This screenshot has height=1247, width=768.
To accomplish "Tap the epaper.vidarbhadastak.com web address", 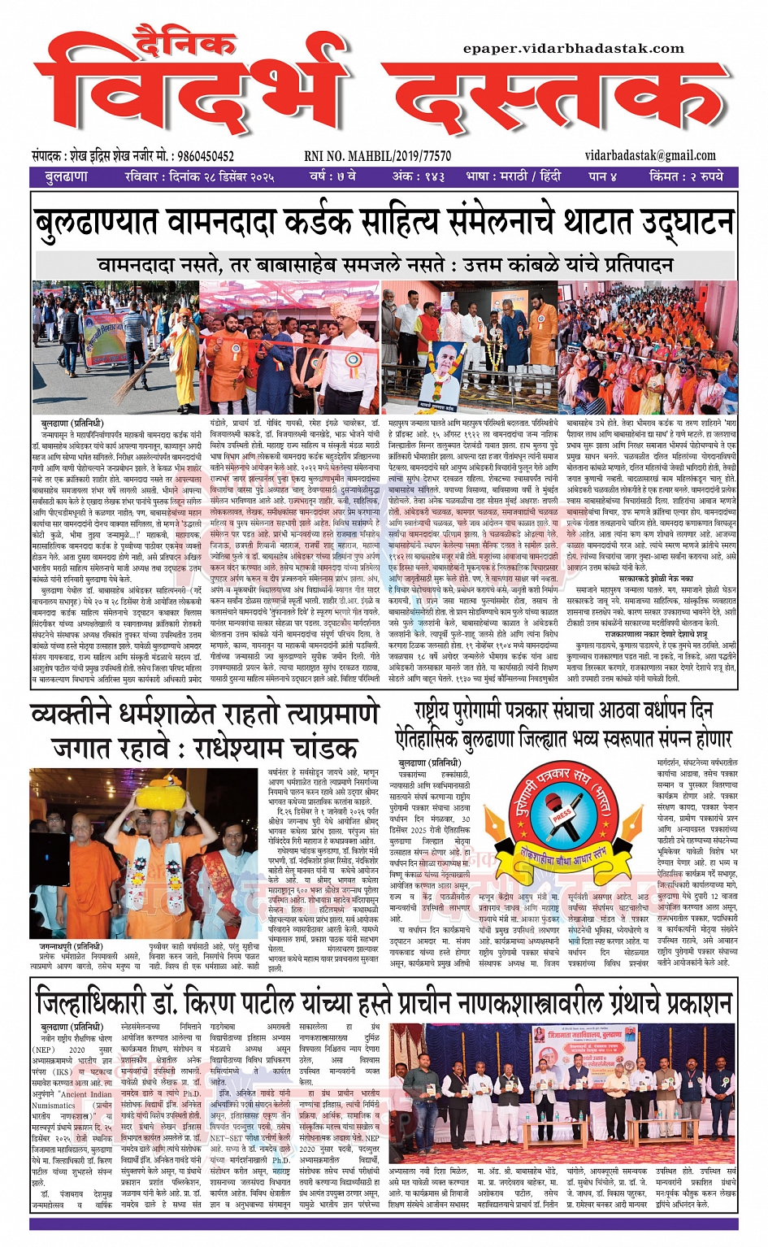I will [x=574, y=49].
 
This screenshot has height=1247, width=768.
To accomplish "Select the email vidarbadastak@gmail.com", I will [x=650, y=155].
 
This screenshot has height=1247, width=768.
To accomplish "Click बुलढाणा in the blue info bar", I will [x=67, y=176].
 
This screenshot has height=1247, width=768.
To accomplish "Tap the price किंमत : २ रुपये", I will [x=686, y=176].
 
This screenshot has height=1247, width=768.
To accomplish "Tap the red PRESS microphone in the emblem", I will [x=562, y=815].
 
